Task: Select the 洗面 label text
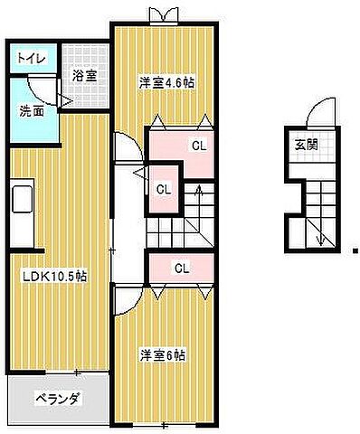pyautogui.click(x=33, y=112)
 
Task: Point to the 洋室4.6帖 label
pyautogui.click(x=166, y=81)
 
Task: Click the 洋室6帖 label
pyautogui.click(x=162, y=354)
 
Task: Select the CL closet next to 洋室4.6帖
pyautogui.click(x=195, y=146)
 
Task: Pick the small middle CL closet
pyautogui.click(x=164, y=189)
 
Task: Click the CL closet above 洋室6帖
pyautogui.click(x=181, y=268)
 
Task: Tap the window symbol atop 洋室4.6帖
pyautogui.click(x=164, y=14)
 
